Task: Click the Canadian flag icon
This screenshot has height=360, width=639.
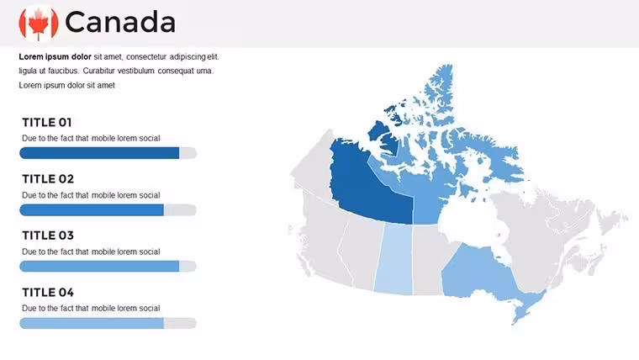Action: point(39,24)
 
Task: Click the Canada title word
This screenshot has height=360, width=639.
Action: point(120,23)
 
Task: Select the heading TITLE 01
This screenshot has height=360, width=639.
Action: point(47,122)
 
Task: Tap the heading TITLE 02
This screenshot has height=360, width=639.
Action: point(48,179)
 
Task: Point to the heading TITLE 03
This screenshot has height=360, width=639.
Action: point(48,236)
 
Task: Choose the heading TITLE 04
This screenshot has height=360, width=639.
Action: point(48,293)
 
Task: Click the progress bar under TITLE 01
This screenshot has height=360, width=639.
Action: point(108,153)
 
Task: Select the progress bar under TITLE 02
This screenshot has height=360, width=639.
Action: point(108,210)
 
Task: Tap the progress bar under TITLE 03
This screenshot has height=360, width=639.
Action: point(108,267)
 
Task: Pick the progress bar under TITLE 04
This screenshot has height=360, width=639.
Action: point(108,323)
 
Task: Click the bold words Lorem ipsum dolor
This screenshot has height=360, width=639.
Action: point(55,56)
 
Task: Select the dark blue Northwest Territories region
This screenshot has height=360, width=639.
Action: point(367,183)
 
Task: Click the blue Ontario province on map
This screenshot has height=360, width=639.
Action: point(477,273)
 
